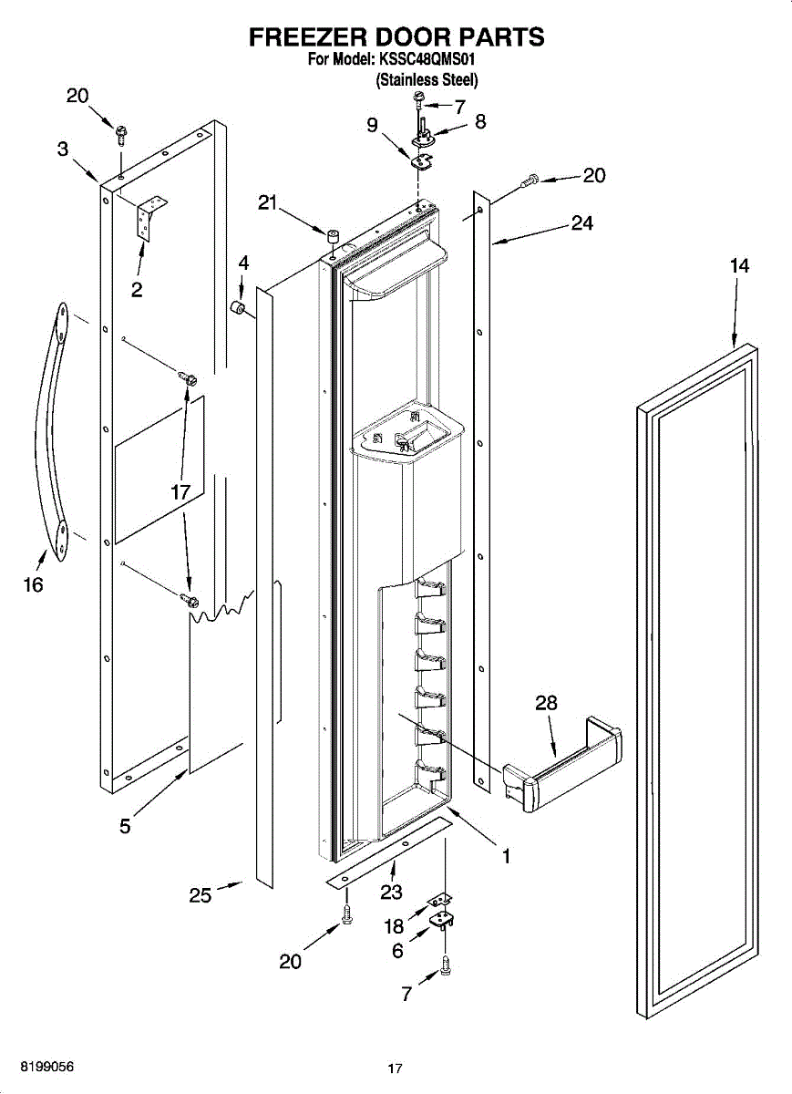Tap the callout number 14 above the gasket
tap(739, 265)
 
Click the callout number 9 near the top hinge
tap(373, 126)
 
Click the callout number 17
tap(180, 491)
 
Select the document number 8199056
tap(38, 1066)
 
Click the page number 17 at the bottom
tap(395, 1068)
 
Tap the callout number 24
tap(582, 222)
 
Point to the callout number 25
tap(201, 895)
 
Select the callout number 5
tap(125, 826)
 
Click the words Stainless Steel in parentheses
tap(427, 79)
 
